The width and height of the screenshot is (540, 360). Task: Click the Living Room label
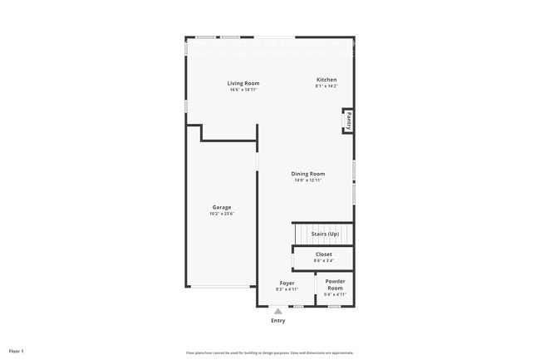pos(243,82)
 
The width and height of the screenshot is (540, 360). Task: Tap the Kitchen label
pos(326,79)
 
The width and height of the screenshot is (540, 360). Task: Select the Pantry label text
pos(349,120)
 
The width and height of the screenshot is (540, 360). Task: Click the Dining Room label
pos(307,173)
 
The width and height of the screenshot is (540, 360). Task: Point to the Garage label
pos(221,207)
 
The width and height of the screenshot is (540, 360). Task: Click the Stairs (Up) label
pos(325,234)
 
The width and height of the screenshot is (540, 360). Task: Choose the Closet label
pos(323,254)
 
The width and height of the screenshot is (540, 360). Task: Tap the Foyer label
pos(287,283)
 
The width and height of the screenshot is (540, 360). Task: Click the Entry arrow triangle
pos(277,312)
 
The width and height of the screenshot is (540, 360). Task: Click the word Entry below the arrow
pos(277,321)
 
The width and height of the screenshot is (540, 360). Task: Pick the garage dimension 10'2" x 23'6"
pos(221,214)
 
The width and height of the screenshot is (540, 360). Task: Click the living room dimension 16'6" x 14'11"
pos(243,89)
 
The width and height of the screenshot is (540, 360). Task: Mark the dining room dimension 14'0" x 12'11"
pos(307,180)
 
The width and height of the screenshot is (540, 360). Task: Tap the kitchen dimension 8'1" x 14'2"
pos(326,86)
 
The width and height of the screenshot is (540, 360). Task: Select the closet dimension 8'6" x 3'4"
pos(323,260)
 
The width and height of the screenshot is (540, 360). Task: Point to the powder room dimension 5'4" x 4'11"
pos(335,294)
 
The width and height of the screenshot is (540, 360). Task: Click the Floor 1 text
pos(17,351)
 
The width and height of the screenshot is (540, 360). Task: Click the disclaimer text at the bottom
pos(269,352)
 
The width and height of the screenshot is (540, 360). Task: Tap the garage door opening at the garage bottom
pos(221,287)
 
